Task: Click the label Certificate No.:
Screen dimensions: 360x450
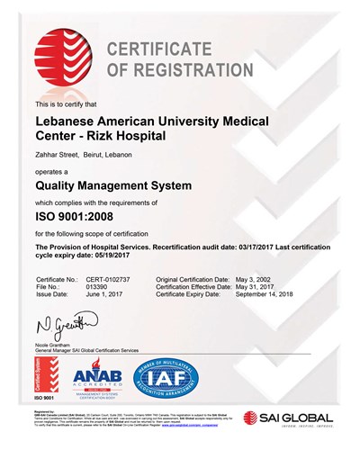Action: click(x=53, y=280)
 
